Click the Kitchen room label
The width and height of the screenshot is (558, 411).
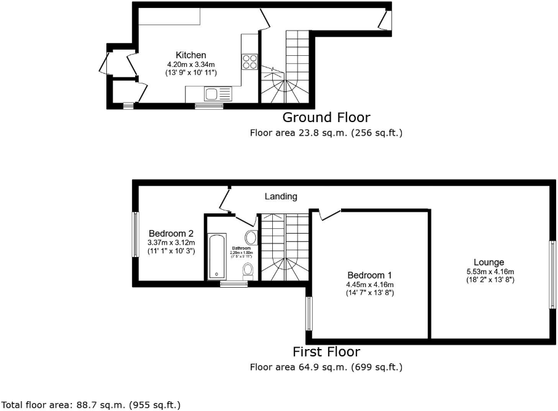point(191,55)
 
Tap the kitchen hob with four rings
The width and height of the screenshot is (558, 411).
point(250,61)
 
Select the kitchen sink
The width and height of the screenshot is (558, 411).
point(211,94)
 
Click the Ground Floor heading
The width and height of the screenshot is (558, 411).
point(326,117)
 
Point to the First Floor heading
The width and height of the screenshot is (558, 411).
point(326,352)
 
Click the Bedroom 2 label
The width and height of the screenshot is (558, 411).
point(171,234)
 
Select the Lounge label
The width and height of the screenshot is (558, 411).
point(489,262)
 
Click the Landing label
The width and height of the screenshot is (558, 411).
point(281,197)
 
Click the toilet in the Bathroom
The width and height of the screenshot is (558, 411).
point(248,270)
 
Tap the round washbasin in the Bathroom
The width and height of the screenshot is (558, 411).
point(251,238)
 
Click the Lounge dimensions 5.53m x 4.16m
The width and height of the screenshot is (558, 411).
point(490,272)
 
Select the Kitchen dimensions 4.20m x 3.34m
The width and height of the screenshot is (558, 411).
point(191,64)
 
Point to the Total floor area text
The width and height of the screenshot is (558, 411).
point(91,405)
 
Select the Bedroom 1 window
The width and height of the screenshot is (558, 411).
point(308,314)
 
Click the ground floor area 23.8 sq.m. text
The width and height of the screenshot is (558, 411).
point(326,132)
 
